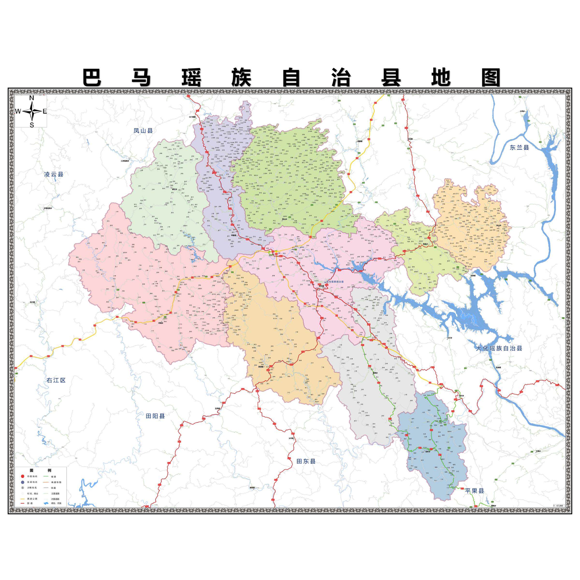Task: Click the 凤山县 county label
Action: click(x=143, y=130)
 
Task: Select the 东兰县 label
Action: click(x=519, y=147)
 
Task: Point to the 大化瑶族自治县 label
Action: click(x=499, y=348)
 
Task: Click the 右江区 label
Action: click(x=56, y=380)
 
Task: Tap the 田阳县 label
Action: click(x=155, y=416)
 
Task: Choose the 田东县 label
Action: click(x=306, y=461)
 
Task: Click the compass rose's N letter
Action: click(x=31, y=98)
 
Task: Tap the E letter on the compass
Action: click(x=45, y=111)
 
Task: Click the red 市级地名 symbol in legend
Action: click(x=23, y=476)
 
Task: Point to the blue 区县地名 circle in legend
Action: click(x=23, y=482)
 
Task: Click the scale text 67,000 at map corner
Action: click(x=559, y=506)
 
